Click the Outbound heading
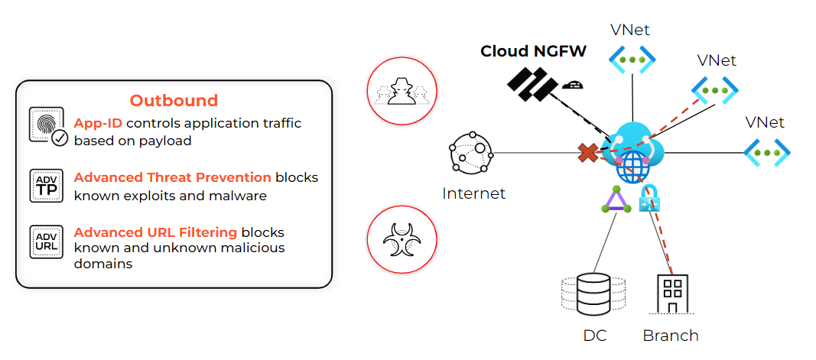pos(174,100)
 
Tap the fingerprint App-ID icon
pos(47,125)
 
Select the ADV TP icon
pos(46,186)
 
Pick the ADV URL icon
pos(46,242)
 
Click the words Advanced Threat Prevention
pos(172,177)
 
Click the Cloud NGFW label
pos(533,51)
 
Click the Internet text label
pos(473,193)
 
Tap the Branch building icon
pos(672,293)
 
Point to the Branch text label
pos(670,335)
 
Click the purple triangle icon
pos(616,200)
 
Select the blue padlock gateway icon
pos(649,199)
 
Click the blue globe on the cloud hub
pos(632,166)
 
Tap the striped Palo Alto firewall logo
pos(532,83)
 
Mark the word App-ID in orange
pos(98,123)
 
